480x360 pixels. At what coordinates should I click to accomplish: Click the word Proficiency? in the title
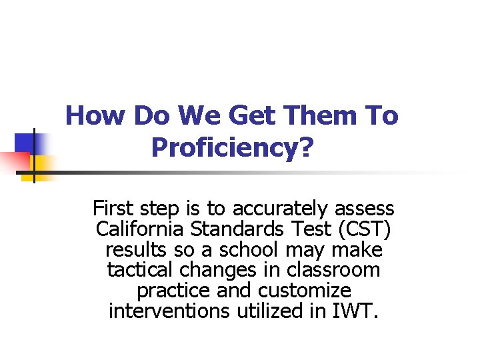pyautogui.click(x=232, y=147)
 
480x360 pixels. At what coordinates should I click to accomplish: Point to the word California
pyautogui.click(x=141, y=229)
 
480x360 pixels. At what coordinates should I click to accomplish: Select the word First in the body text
pyautogui.click(x=113, y=209)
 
